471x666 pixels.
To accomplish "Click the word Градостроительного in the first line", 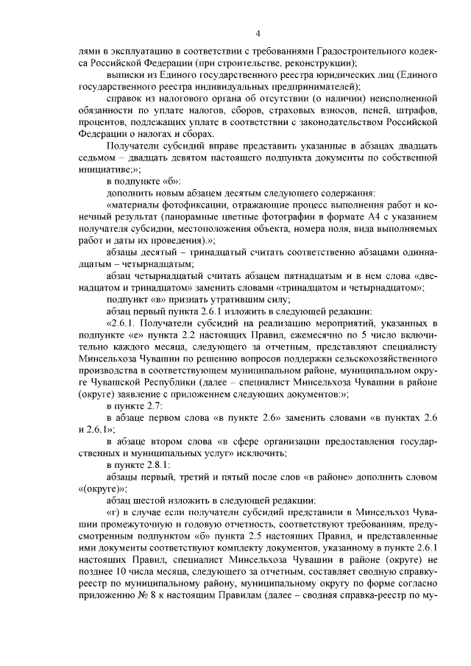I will point(356,52).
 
